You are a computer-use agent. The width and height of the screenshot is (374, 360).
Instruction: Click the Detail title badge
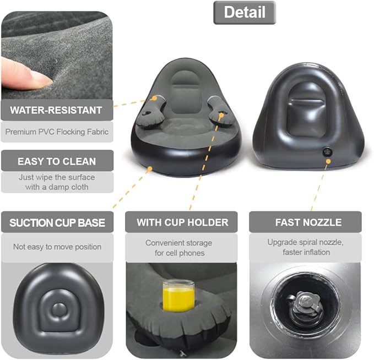244,13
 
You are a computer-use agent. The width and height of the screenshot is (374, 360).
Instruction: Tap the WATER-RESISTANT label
57,110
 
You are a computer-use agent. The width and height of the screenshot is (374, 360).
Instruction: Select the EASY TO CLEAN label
57,161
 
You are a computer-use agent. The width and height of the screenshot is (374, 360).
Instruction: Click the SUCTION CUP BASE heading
57,222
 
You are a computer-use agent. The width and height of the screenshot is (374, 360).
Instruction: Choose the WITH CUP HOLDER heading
182,222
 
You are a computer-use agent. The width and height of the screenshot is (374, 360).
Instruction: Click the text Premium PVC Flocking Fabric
57,132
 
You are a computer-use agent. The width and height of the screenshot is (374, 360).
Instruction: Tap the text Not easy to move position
57,247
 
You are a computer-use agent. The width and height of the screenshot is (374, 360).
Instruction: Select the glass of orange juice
178,297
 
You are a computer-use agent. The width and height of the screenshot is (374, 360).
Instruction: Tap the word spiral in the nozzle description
316,242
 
